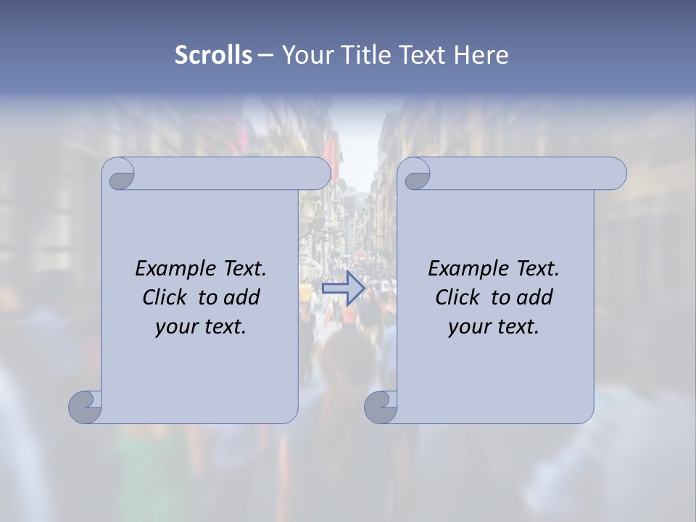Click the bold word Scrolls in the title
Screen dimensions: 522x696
213,55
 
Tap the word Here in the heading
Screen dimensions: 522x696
481,55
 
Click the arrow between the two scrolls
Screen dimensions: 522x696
343,289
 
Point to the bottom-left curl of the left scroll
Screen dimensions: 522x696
86,407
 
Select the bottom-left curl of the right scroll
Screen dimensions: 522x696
381,407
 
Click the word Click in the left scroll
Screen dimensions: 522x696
165,297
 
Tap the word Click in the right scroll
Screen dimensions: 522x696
458,297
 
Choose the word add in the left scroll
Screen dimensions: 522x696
242,297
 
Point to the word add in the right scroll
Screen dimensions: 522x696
535,297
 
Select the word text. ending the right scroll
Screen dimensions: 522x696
516,327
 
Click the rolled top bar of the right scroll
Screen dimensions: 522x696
522,173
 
